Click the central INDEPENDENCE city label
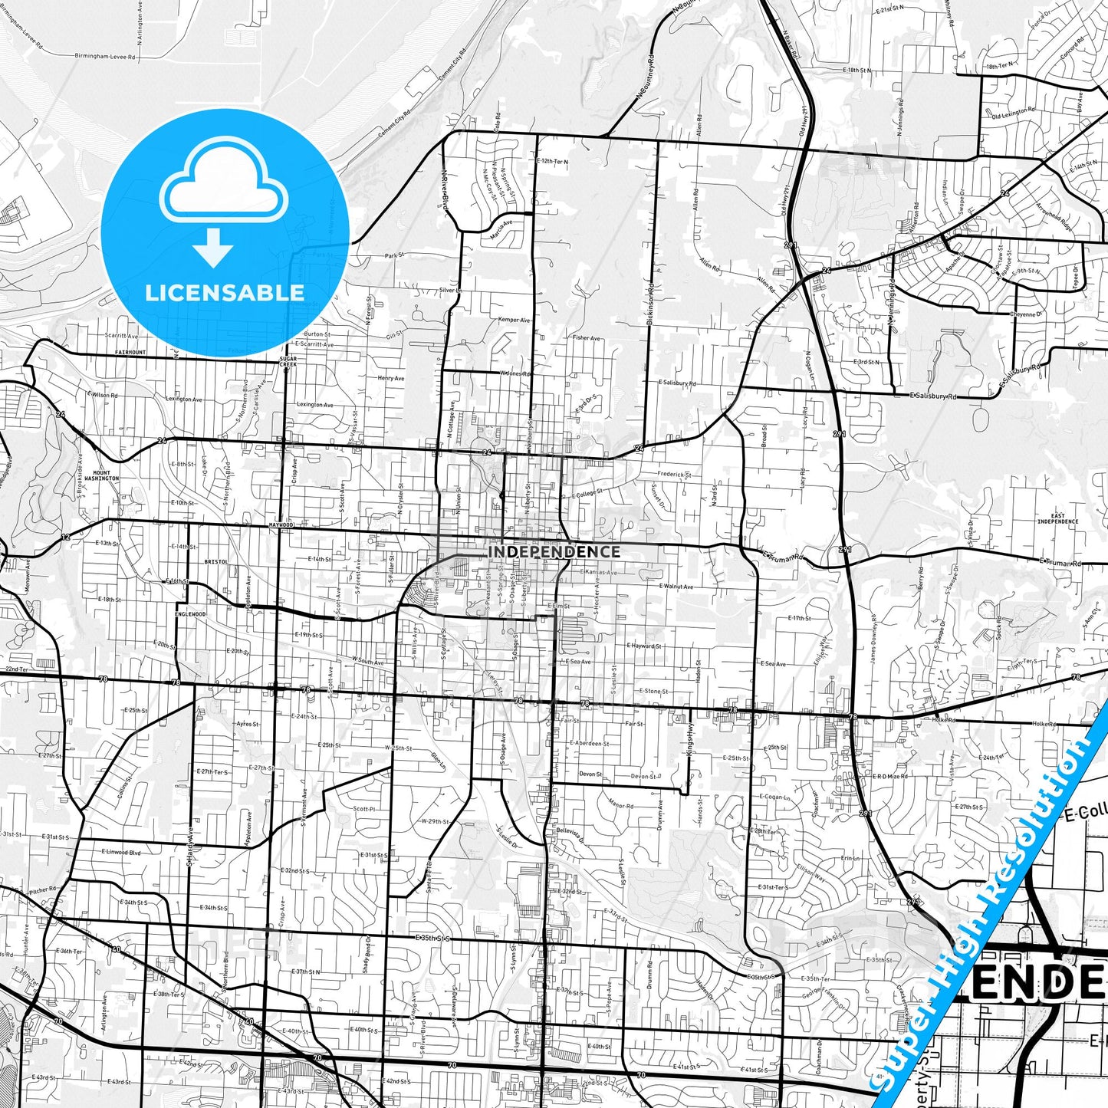[554, 551]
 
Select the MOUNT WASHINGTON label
[101, 475]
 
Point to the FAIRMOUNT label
[130, 352]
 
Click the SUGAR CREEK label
[288, 361]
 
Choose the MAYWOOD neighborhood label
[281, 525]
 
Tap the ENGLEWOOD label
[190, 614]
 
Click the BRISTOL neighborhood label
[216, 561]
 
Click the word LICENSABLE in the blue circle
[225, 292]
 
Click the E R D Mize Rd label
[889, 776]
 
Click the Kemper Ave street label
[514, 320]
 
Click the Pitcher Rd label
[42, 889]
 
